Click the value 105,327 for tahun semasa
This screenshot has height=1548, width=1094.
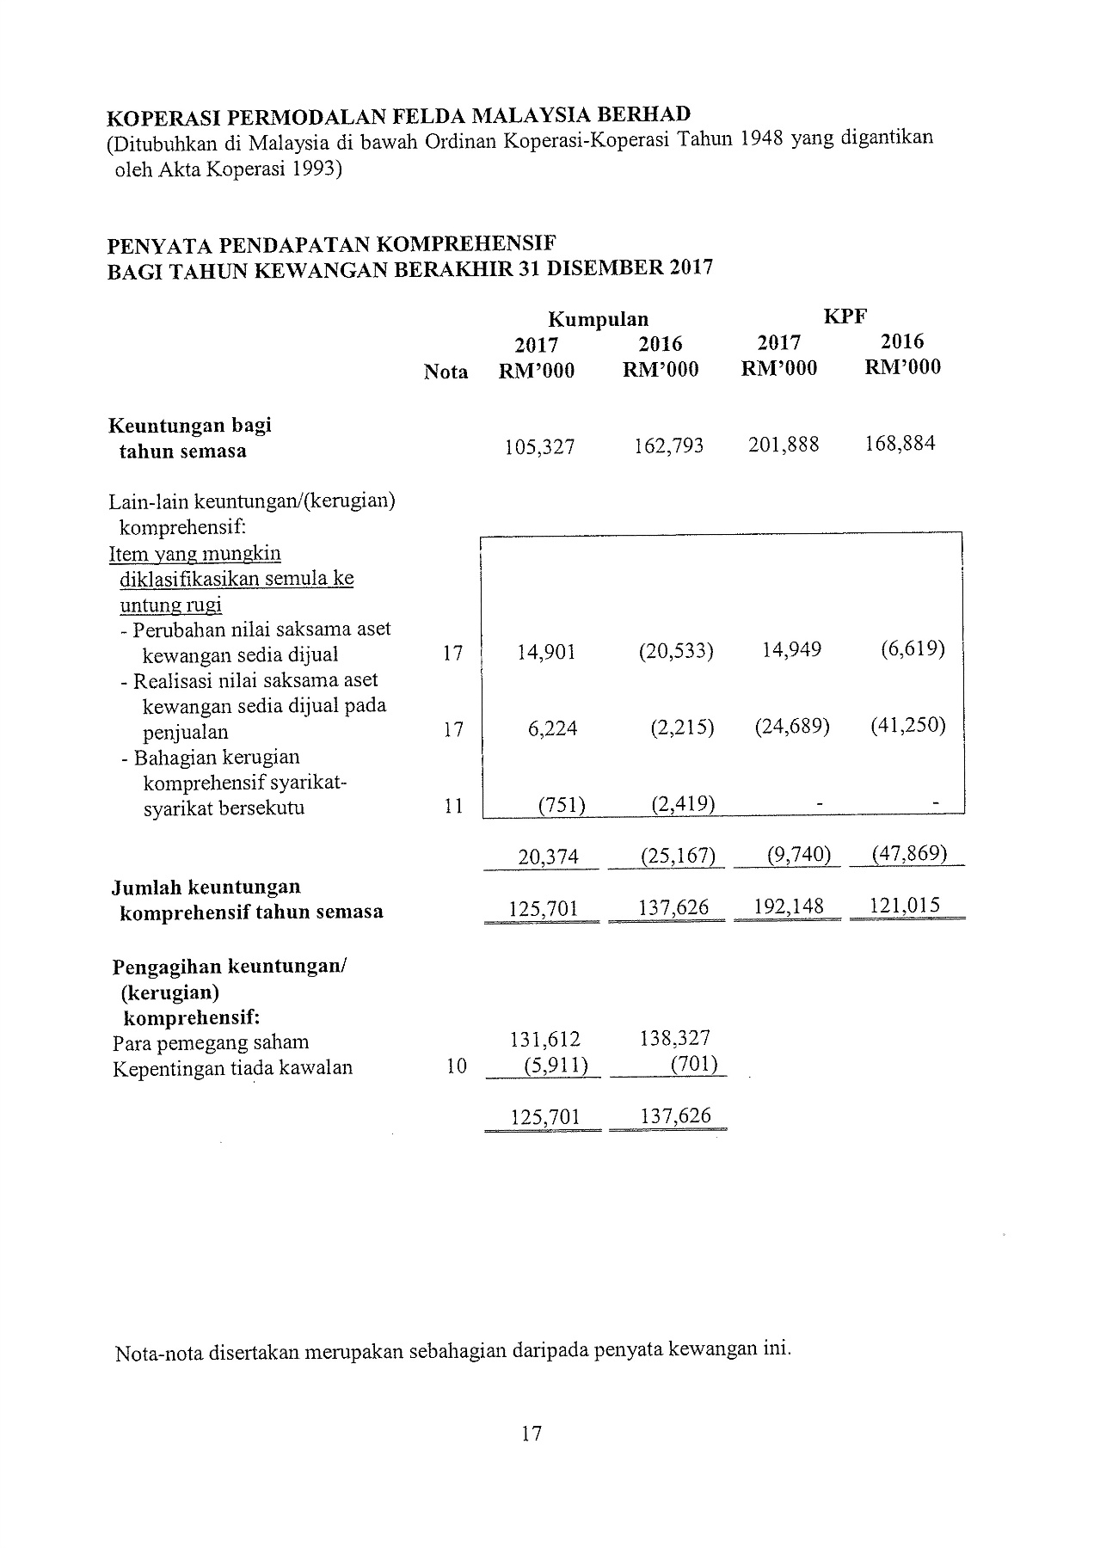click(538, 447)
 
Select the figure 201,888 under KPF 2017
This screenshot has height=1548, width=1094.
click(784, 445)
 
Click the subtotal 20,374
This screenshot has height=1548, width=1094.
click(548, 857)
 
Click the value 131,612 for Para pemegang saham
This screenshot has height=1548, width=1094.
click(544, 1039)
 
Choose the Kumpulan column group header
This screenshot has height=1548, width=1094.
click(598, 320)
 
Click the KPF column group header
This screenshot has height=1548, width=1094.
click(845, 316)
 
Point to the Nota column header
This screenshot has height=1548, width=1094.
click(446, 372)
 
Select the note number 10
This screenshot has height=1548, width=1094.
click(457, 1066)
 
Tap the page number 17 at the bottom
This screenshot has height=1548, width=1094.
click(531, 1434)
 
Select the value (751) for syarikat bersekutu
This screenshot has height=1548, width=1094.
click(561, 805)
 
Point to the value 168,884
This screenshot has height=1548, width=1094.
click(899, 444)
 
